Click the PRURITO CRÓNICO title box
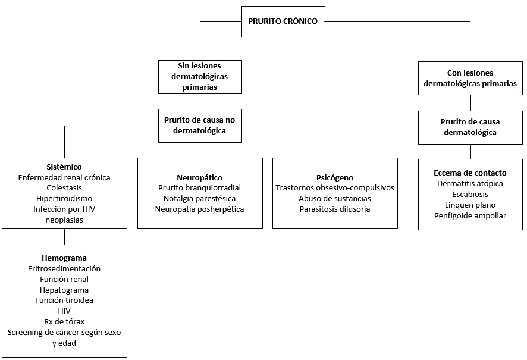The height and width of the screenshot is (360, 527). (283, 21)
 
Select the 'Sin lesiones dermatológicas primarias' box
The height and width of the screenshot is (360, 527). (200, 77)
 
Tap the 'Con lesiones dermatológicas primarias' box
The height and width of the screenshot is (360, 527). (470, 79)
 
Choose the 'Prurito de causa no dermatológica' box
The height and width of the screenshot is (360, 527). (200, 126)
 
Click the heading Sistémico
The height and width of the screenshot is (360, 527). (64, 167)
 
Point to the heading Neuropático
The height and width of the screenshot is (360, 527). (200, 177)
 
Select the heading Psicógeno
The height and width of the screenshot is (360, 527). (335, 177)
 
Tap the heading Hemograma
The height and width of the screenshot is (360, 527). (64, 258)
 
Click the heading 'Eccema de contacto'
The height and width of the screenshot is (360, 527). (470, 173)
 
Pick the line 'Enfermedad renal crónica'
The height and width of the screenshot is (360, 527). (64, 177)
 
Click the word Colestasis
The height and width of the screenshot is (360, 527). (64, 188)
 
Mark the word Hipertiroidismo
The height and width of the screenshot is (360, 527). (64, 199)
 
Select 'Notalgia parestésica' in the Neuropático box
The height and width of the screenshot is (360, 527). (200, 199)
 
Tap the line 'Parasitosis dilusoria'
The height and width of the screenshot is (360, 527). (335, 209)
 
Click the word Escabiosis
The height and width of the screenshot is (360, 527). (470, 195)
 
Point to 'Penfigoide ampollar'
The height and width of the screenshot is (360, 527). (470, 216)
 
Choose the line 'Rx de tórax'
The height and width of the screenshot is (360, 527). (64, 322)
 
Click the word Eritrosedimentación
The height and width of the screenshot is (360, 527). (64, 268)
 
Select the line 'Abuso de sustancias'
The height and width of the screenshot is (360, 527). (335, 199)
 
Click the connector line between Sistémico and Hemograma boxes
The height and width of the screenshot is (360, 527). (64, 237)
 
